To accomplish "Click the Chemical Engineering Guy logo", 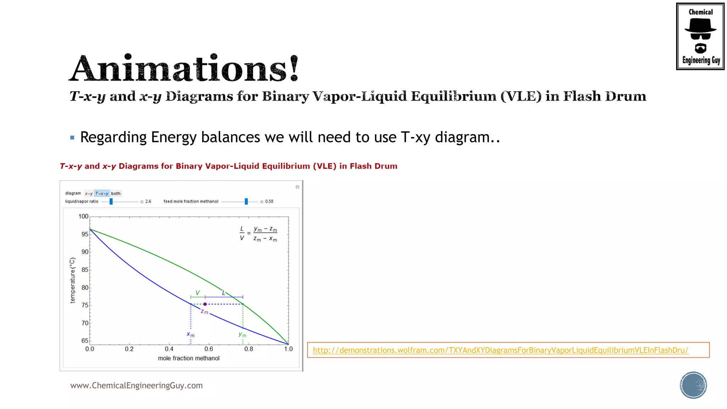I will (x=700, y=36).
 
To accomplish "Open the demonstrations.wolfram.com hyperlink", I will (x=500, y=350).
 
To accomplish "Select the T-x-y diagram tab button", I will (x=102, y=193).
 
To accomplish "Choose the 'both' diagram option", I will (x=116, y=193).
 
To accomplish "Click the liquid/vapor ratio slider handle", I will (x=111, y=201).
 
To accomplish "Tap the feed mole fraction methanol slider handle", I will (x=246, y=201).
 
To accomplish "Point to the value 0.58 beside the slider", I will (x=269, y=201).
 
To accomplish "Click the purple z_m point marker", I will (x=205, y=304).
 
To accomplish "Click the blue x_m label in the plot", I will (x=191, y=334).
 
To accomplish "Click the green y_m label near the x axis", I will (x=242, y=334).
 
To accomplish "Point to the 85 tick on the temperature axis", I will (x=85, y=270).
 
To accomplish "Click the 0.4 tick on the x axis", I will (x=169, y=349).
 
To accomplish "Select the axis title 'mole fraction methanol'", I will (x=188, y=358).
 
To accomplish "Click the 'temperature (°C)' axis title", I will (x=73, y=280).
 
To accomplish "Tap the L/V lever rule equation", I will (x=258, y=234).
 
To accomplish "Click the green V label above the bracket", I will (x=197, y=293).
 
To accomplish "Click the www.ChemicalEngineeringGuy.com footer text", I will (x=136, y=386).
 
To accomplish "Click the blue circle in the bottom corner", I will (x=693, y=385).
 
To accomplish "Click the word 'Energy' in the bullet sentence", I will (x=174, y=137).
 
